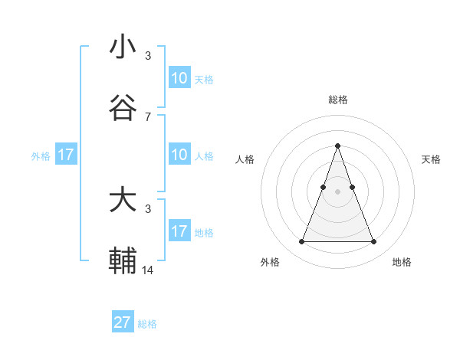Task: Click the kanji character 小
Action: click(123, 47)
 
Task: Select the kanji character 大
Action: click(123, 201)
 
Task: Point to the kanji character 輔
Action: click(123, 260)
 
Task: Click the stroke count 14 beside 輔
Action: click(148, 270)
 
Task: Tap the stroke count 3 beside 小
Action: click(148, 56)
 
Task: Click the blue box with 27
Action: click(123, 322)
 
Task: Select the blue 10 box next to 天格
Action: click(179, 78)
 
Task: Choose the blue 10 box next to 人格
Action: click(179, 155)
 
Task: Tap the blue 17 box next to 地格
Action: click(179, 231)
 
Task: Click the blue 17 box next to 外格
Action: click(66, 155)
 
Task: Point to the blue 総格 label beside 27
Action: click(147, 324)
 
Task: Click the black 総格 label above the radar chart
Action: click(337, 100)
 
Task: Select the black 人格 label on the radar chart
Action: click(245, 159)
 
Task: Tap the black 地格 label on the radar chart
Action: click(402, 262)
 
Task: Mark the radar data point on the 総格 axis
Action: click(337, 146)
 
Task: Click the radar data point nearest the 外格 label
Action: click(301, 242)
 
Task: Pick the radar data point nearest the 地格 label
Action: click(373, 242)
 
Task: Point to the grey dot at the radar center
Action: click(337, 191)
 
